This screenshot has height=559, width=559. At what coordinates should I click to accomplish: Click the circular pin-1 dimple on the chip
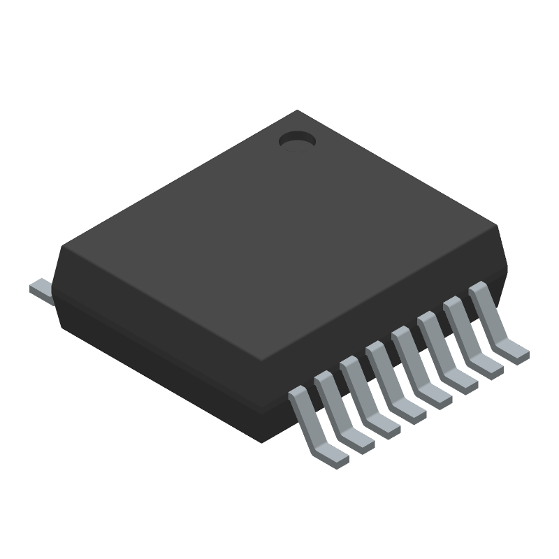[297, 141]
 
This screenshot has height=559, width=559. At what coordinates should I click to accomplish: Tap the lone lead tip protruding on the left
[40, 290]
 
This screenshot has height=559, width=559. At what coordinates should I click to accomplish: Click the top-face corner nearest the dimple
[299, 111]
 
